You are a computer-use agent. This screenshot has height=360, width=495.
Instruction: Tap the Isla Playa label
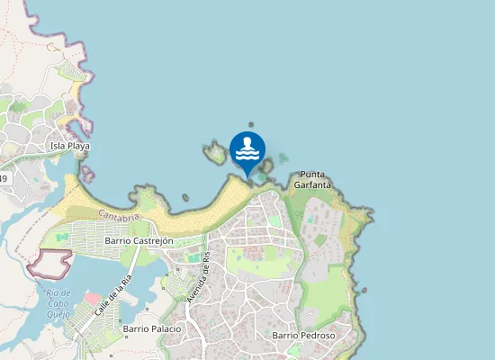[x=69, y=146]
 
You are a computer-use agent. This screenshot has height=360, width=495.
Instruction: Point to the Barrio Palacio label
[x=152, y=328]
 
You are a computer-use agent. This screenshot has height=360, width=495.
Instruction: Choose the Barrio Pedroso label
[x=303, y=336]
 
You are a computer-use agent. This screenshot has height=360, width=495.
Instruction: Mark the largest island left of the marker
[x=215, y=153]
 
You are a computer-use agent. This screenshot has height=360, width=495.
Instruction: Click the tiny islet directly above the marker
[x=251, y=125]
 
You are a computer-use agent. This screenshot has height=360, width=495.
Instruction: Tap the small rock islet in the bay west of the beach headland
[x=185, y=197]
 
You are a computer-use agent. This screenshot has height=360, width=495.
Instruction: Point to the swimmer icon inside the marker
[x=247, y=147]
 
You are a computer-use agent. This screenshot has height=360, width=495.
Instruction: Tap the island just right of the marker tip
[x=265, y=166]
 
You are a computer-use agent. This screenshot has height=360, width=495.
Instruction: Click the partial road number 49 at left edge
[x=4, y=179]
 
